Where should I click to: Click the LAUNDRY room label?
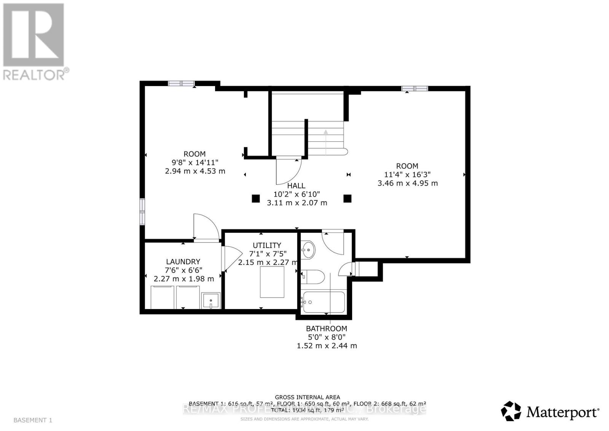click(183, 262)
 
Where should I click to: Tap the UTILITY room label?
click(267, 245)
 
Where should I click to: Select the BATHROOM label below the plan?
click(327, 328)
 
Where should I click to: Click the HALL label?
click(296, 186)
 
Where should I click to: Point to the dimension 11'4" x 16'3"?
click(407, 175)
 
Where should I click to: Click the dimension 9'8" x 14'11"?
click(195, 162)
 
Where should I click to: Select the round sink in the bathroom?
click(308, 250)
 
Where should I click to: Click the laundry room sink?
click(210, 301)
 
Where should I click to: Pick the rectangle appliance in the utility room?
click(272, 282)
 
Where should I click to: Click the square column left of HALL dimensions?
click(255, 198)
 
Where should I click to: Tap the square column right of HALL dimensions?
click(347, 198)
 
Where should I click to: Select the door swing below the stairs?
click(288, 171)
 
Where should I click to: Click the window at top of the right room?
click(415, 88)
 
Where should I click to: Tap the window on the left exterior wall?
click(142, 211)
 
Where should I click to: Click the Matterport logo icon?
click(511, 411)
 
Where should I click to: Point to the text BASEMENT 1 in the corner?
click(33, 420)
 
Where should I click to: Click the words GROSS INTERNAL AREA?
click(307, 397)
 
